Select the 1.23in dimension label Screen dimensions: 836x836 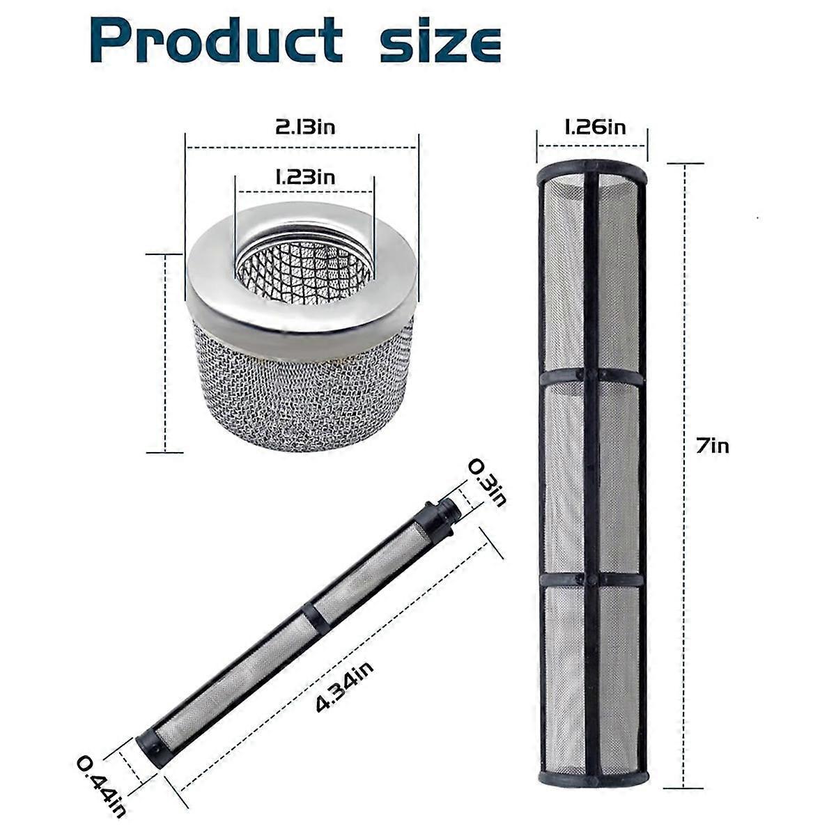(x=305, y=176)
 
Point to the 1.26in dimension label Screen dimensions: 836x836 (x=594, y=127)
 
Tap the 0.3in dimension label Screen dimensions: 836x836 (x=486, y=482)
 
